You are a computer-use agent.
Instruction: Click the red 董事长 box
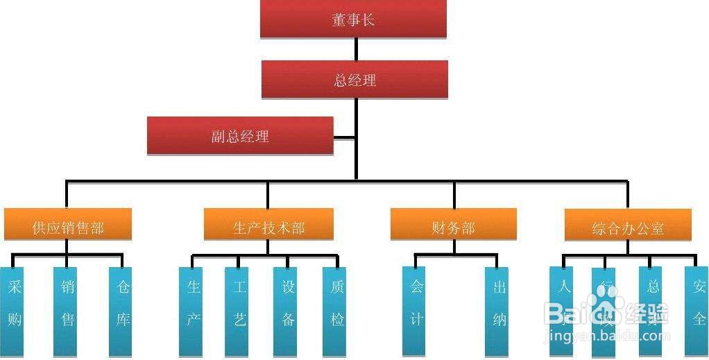pyautogui.click(x=353, y=19)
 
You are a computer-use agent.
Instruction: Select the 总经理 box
pyautogui.click(x=354, y=80)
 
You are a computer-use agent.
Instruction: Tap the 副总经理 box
pyautogui.click(x=240, y=136)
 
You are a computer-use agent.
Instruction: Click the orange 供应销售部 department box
pyautogui.click(x=67, y=227)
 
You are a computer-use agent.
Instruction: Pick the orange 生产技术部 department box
pyautogui.click(x=268, y=227)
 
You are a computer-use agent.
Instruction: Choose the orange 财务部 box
pyautogui.click(x=453, y=226)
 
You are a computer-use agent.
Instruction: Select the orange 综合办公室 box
pyautogui.click(x=628, y=227)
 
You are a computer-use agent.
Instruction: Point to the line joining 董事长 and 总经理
pyautogui.click(x=356, y=49)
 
